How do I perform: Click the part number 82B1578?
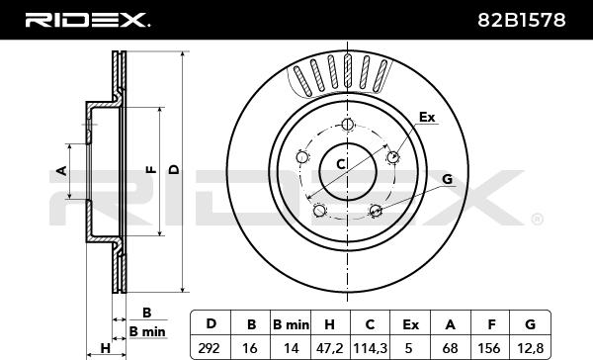coord(522,20)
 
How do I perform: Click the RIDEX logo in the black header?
coord(88,20)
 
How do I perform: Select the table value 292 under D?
coord(209,348)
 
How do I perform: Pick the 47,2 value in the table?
coord(329,348)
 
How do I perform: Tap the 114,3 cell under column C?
coord(370,348)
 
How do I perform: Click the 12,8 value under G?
coord(531,348)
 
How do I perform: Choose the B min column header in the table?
coord(291,324)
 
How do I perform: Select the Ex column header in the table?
coord(410,324)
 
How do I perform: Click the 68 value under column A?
coord(450,348)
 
